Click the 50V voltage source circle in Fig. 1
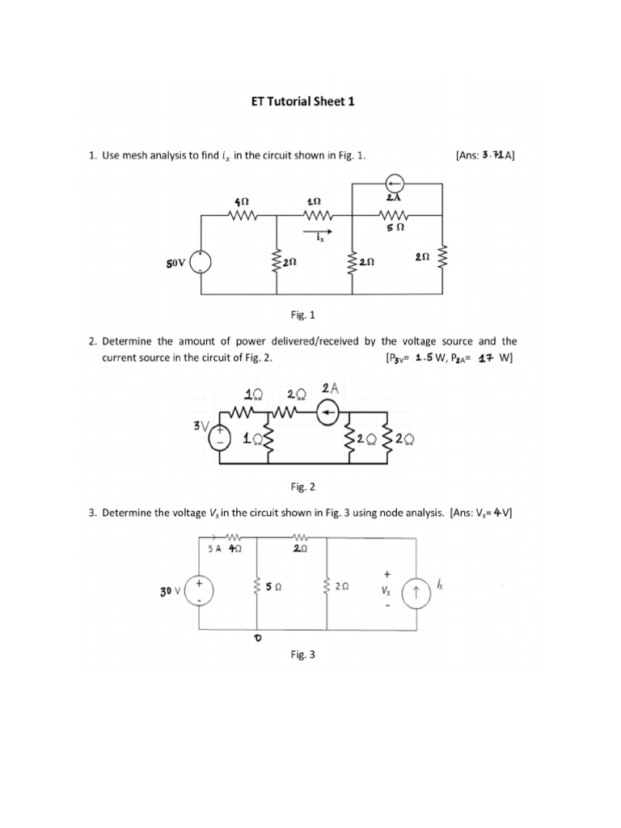pos(201,261)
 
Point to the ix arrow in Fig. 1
pos(317,231)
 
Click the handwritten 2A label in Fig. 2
pos(330,389)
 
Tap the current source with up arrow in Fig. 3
pos(416,595)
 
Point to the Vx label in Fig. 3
pos(387,591)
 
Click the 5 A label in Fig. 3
pos(215,547)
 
